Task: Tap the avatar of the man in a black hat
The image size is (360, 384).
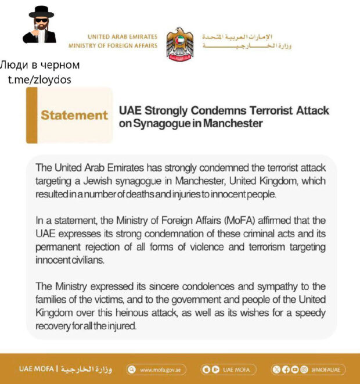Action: [39, 25]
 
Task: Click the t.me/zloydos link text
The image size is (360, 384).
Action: [39, 80]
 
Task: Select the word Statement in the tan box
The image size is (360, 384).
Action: [74, 115]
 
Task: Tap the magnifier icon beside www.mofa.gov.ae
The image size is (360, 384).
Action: [131, 369]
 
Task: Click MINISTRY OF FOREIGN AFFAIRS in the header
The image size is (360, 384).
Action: [113, 46]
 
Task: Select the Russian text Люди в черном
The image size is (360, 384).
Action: [39, 64]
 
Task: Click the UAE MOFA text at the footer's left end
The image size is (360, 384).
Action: [36, 369]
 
